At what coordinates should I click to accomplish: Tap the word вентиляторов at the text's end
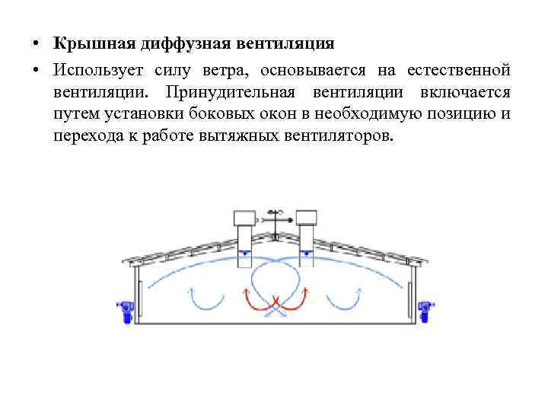336,136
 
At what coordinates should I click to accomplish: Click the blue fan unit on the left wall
125,311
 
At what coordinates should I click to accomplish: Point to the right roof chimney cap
306,217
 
